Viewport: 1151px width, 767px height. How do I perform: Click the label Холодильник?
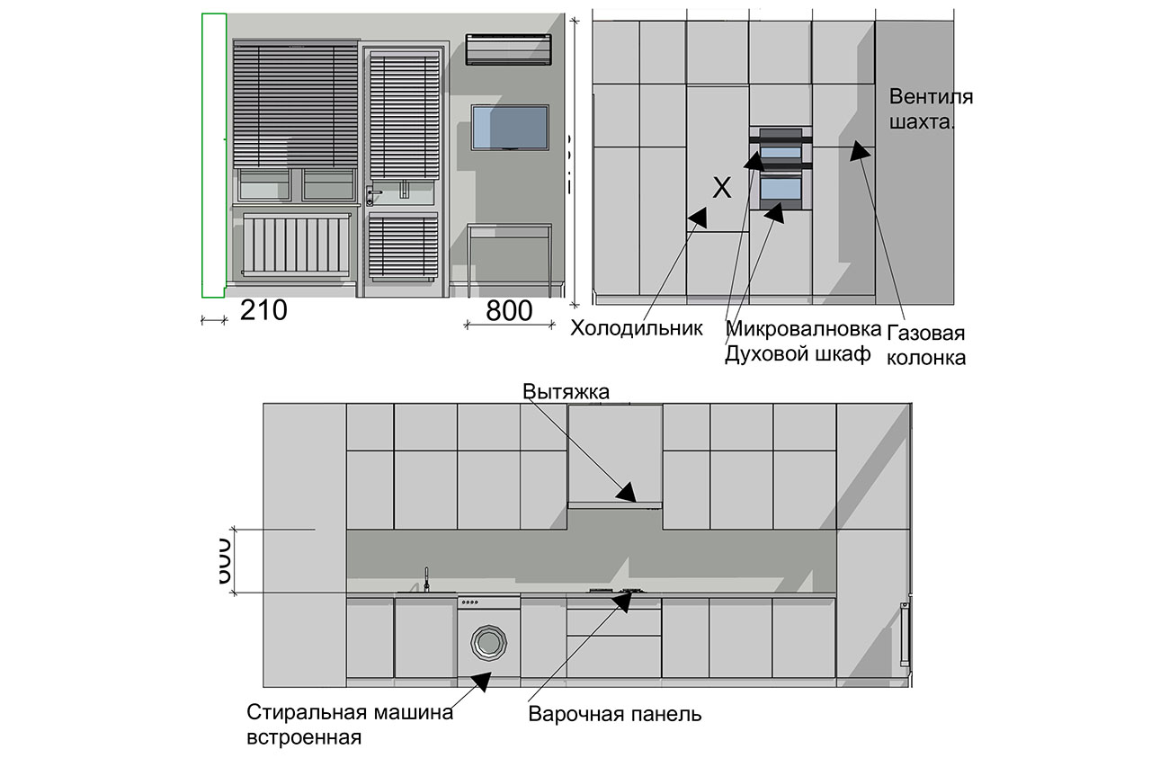636,328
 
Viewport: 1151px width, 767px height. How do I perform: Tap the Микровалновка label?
798,328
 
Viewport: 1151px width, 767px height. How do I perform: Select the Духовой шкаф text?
798,354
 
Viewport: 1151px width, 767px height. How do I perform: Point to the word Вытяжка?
567,392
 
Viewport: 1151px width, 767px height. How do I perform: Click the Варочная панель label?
615,715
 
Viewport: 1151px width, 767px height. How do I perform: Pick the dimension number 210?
263,311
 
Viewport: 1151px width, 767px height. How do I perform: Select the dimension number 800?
509,311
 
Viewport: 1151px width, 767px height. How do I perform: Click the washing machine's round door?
488,642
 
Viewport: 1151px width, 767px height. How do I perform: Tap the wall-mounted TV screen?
510,128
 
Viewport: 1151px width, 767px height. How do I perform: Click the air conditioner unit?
507,49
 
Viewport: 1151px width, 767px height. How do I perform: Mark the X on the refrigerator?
721,188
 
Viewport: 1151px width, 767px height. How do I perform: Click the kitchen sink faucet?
426,579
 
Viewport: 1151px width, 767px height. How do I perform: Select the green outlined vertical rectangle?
213,155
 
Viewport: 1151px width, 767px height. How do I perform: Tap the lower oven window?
781,190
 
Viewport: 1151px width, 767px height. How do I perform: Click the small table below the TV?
510,256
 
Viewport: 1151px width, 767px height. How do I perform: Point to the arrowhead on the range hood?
628,491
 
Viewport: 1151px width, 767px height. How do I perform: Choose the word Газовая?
926,334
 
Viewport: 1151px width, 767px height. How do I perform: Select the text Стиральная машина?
349,714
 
